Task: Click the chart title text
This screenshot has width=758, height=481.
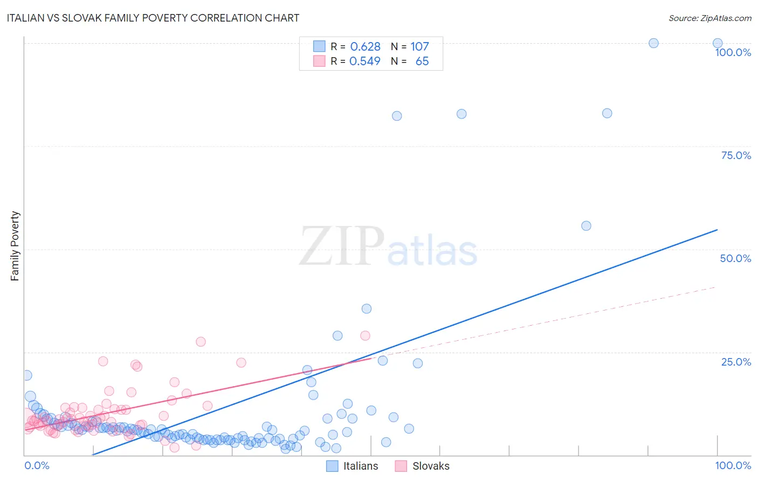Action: [153, 18]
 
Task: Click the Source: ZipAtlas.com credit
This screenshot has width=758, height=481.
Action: [709, 18]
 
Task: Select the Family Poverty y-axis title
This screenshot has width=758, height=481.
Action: [15, 246]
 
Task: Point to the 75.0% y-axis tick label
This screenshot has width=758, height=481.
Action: [736, 155]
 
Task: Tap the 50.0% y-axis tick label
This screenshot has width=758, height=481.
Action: [735, 258]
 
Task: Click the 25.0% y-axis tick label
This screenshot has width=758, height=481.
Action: [736, 361]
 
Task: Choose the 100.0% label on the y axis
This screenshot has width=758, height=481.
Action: [733, 52]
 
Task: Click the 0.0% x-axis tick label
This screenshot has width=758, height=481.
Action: [37, 465]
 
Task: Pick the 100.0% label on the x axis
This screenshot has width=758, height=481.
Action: [733, 465]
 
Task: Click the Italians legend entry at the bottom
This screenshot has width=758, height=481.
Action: [353, 466]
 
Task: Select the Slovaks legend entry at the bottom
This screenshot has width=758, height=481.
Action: [422, 466]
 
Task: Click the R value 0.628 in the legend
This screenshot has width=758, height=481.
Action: [365, 46]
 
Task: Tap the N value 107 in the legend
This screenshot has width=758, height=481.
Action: [419, 46]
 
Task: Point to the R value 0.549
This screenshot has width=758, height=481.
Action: [365, 61]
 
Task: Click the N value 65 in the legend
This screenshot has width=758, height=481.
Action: [422, 61]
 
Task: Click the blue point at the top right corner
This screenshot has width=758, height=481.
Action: [717, 43]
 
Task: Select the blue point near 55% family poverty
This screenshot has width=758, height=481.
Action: [586, 226]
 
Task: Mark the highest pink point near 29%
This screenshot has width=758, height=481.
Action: [365, 335]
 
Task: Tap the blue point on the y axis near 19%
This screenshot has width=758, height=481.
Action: [26, 375]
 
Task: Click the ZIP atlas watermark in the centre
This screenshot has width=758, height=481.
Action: [388, 247]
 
